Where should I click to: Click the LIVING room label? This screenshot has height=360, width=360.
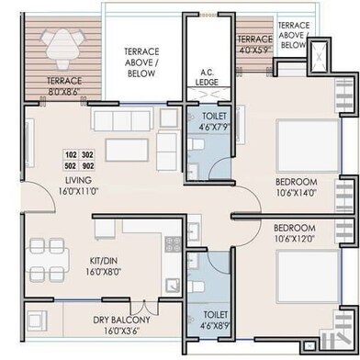tap(78, 180)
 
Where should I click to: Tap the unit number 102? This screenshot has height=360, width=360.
tap(71, 154)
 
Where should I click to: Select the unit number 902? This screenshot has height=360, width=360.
tap(87, 166)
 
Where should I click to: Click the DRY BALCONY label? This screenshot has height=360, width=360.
tap(122, 320)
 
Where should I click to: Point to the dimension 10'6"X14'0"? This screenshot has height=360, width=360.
tap(296, 193)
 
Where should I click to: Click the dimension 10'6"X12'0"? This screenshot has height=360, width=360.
tap(294, 238)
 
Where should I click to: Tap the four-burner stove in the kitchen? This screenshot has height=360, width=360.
tap(173, 244)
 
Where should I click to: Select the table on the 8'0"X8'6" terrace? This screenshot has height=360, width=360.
tap(62, 46)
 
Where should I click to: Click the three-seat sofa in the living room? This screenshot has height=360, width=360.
tap(122, 119)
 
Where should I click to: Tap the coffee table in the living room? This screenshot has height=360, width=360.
tap(127, 150)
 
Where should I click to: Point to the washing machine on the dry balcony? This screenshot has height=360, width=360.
tap(37, 321)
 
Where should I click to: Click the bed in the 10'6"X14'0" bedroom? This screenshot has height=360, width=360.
tap(308, 146)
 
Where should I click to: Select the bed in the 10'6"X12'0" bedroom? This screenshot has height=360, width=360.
tap(308, 276)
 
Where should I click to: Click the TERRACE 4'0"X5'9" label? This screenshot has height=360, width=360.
tap(255, 44)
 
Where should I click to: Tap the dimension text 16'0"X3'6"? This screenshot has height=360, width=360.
tap(122, 331)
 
